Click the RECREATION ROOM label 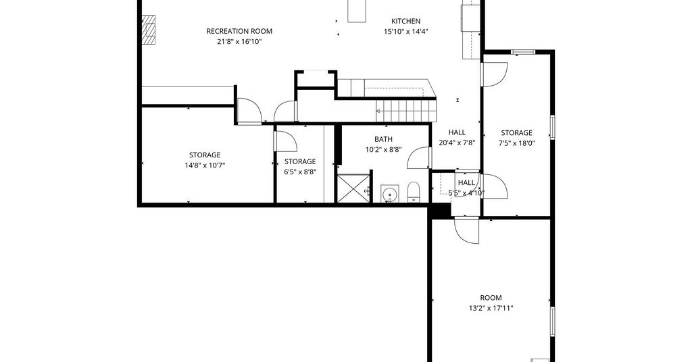239,31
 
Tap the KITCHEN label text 405,21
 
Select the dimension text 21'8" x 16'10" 239,42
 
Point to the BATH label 383,139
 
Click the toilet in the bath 413,192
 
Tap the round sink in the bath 389,194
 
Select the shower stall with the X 354,188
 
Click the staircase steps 406,110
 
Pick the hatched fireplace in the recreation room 149,30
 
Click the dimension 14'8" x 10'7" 204,165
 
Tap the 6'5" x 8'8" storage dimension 300,172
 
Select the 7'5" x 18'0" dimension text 517,143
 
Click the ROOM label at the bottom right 491,298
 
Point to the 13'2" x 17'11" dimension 491,308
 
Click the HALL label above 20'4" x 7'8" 457,132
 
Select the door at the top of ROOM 467,230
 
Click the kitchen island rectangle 357,11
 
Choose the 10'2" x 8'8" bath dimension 383,150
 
